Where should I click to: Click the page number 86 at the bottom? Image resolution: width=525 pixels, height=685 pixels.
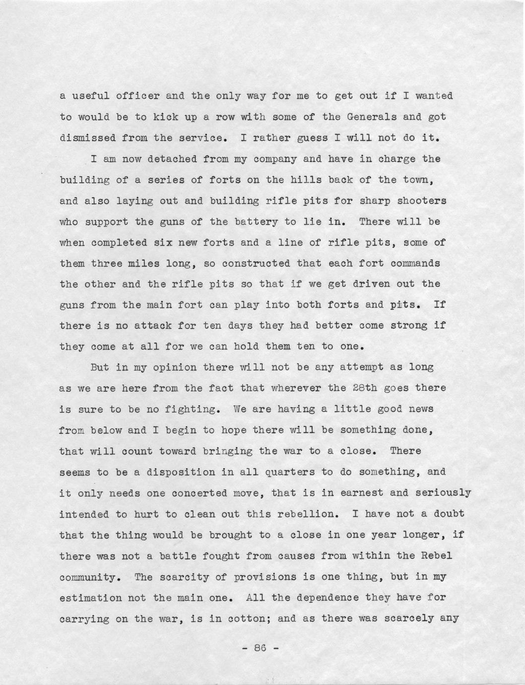261,648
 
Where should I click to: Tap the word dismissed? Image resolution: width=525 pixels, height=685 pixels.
87,138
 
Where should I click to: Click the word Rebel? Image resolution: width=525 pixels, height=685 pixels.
437,556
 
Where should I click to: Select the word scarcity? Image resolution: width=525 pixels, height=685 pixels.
175,577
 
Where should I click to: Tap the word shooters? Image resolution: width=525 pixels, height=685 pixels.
421,201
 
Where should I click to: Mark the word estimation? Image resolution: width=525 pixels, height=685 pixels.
90,598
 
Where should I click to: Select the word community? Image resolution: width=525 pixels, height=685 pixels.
87,577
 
